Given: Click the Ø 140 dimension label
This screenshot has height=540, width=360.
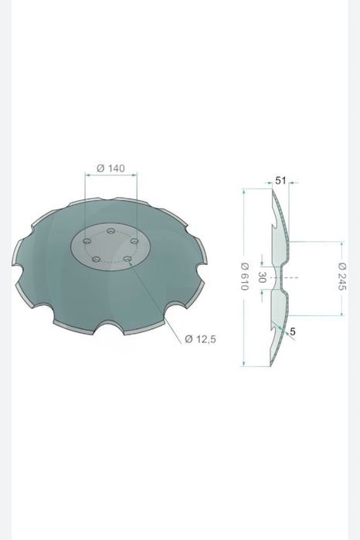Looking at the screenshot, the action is tap(110, 168).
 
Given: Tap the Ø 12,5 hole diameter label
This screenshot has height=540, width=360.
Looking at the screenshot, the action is tap(200, 339).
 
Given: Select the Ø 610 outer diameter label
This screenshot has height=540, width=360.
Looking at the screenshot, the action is tap(244, 277).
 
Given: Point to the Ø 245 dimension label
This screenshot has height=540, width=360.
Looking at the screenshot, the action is tap(341, 277).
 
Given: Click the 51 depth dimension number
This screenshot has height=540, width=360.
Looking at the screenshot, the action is tap(280, 180).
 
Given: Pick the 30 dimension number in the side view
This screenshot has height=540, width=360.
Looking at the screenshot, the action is tap(262, 277).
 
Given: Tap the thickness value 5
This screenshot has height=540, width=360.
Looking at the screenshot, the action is tap(293, 331).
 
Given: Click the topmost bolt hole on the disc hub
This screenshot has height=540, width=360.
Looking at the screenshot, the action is tap(110, 231).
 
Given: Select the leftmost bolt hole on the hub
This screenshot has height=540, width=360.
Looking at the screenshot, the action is tap(87, 241).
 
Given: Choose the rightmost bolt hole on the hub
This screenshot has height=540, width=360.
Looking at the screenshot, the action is tap(134, 241).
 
